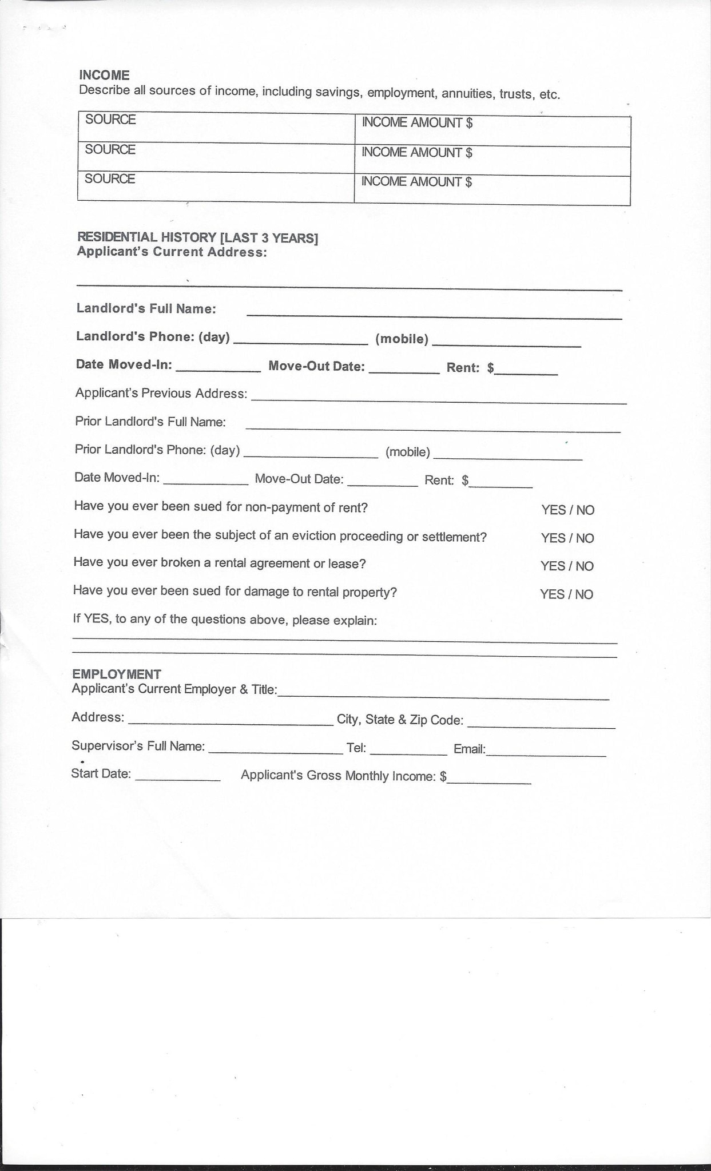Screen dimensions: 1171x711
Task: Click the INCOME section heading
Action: pos(104,75)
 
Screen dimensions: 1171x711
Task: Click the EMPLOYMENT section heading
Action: pos(116,674)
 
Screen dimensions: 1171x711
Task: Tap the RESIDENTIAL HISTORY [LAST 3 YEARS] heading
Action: pos(197,237)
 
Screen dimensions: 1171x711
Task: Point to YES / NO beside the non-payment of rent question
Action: pos(567,510)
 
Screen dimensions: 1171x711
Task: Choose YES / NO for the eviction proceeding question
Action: pos(567,538)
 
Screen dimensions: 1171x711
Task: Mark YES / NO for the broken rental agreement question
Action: pos(567,566)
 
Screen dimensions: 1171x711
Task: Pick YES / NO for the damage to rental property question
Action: pos(566,594)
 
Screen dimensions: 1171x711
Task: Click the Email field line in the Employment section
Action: pos(546,752)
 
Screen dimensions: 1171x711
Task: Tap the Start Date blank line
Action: pos(177,777)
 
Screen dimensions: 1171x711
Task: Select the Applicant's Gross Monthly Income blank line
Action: pos(489,779)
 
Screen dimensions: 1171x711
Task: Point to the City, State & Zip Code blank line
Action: pos(541,724)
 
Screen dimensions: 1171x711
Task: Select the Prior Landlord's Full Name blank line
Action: pos(432,426)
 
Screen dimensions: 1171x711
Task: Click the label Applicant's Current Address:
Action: pos(172,252)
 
